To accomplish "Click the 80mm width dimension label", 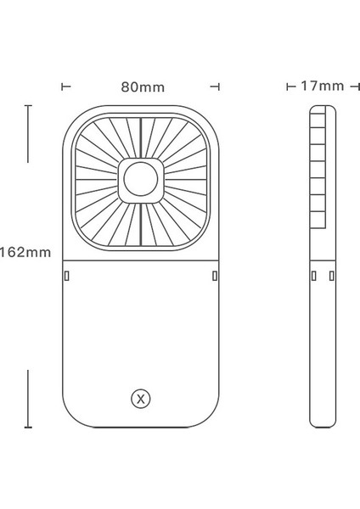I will [x=143, y=87].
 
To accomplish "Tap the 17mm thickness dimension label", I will [x=322, y=86].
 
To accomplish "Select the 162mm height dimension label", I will [x=26, y=252].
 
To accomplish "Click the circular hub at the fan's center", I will [x=140, y=181].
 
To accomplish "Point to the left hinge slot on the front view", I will [x=66, y=276].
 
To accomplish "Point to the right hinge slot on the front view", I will [x=215, y=276].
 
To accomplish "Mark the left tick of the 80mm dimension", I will [x=65, y=87].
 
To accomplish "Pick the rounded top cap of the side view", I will [x=319, y=111].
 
